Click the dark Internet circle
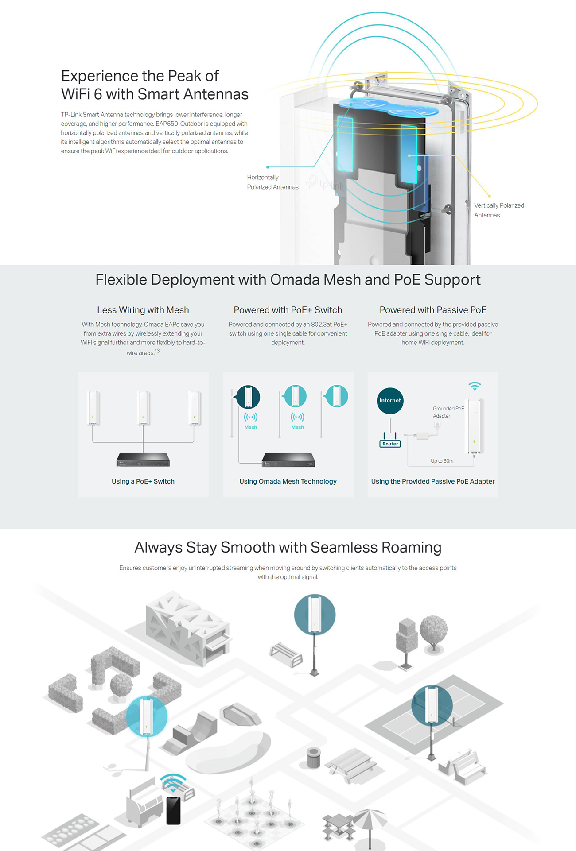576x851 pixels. pos(390,401)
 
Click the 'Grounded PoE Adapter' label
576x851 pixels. pos(448,412)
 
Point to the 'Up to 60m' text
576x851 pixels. pos(442,461)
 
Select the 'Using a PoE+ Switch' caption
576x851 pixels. pos(143,481)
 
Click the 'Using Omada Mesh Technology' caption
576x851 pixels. pos(288,481)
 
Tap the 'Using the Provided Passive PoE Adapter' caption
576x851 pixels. pos(433,481)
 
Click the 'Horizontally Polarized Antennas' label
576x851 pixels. pos(272,182)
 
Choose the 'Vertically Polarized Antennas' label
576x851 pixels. pos(499,210)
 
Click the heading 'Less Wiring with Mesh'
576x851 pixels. pos(143,310)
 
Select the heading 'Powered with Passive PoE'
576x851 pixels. pos(433,310)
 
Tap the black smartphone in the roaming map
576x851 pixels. pos(173,810)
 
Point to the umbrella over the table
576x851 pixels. pos(370,820)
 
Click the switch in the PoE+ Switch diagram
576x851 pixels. pos(143,460)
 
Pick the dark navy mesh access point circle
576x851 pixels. pos(248,396)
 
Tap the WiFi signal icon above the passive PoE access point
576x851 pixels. pos(475,386)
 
